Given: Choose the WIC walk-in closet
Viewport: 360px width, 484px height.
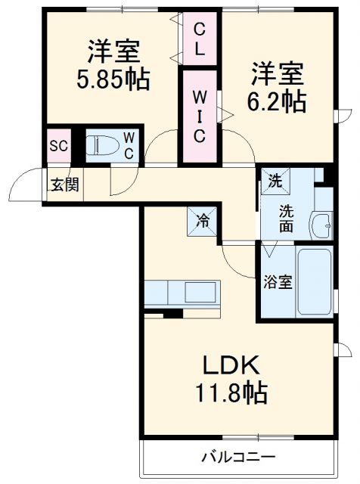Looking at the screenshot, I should [200, 117].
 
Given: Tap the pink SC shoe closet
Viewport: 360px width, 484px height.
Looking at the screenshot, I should [59, 146].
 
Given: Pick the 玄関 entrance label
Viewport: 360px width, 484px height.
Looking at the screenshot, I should [64, 185].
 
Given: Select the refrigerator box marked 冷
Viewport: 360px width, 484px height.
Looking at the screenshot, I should [203, 222].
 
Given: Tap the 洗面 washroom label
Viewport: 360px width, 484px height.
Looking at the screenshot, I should [286, 218].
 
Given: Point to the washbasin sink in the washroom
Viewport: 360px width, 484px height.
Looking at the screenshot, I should [322, 225].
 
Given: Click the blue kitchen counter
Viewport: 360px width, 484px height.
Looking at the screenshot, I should [182, 292].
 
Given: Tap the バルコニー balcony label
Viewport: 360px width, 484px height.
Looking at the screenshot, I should [237, 458].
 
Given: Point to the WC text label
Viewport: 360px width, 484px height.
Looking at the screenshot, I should [129, 146].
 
